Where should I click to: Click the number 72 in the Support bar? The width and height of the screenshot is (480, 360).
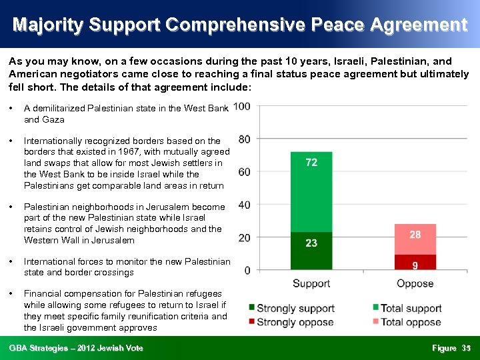click(311, 163)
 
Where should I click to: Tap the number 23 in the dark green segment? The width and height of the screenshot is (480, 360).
click(311, 243)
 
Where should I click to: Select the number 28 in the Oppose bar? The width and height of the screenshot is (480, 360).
click(415, 235)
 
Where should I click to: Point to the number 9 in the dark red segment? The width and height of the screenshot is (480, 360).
click(415, 265)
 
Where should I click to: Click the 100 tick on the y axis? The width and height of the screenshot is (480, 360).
click(242, 107)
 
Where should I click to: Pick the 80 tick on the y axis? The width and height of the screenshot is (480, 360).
click(245, 139)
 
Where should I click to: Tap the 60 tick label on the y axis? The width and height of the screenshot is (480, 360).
click(245, 172)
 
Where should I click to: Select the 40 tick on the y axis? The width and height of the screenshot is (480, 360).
click(245, 205)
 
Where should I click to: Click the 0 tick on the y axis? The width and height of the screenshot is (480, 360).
click(247, 270)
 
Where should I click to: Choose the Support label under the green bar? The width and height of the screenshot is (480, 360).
click(311, 283)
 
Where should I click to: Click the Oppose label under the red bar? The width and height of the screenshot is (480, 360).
click(415, 283)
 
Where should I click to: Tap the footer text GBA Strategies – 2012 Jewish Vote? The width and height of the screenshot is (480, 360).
click(76, 348)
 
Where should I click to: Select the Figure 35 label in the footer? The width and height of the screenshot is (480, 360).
click(451, 348)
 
